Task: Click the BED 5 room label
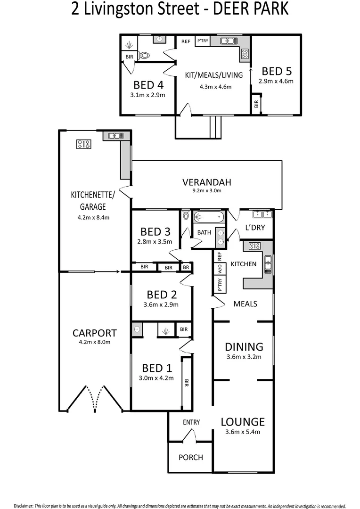(277, 71)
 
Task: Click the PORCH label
(190, 457)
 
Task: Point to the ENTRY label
(191, 422)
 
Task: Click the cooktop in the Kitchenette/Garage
(84, 144)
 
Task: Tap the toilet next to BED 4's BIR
(144, 56)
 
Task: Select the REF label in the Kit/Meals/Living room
(186, 41)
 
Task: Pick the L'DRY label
(255, 228)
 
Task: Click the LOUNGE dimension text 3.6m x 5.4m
(243, 432)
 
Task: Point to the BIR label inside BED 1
(187, 383)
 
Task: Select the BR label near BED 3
(186, 268)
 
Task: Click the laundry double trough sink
(262, 214)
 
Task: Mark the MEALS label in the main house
(245, 304)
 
